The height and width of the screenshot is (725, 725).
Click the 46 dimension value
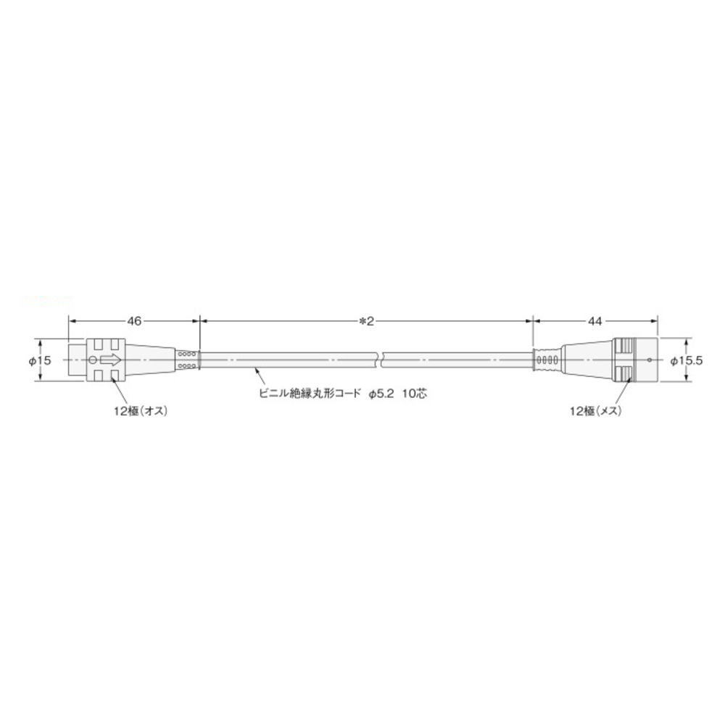point(134,321)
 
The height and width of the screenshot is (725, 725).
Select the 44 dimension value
point(595,321)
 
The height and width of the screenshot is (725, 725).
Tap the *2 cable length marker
point(366,321)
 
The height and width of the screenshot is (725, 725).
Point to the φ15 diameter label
point(40,360)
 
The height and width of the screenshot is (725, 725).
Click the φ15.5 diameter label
point(687,360)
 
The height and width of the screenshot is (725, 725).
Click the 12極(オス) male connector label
point(141,410)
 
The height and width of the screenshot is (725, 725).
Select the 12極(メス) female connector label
point(595,410)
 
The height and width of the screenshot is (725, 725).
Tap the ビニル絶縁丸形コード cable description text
point(310,394)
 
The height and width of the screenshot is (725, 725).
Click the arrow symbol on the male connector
point(110,360)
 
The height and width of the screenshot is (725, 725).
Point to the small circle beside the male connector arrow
point(92,360)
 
